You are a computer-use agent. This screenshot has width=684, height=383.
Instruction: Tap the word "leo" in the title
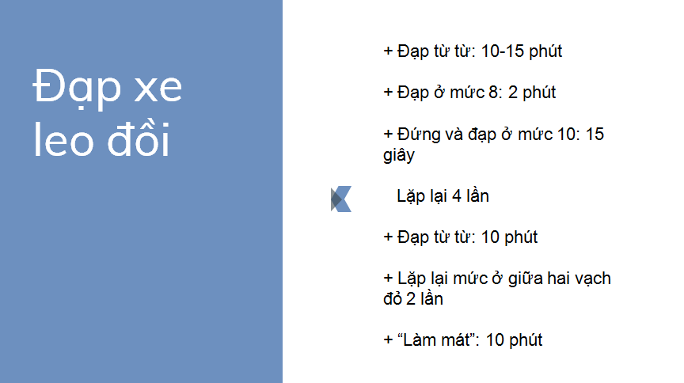click(x=63, y=139)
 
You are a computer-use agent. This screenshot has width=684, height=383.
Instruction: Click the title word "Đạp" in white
click(x=77, y=88)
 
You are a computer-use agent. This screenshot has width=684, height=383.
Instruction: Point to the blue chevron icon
click(x=341, y=199)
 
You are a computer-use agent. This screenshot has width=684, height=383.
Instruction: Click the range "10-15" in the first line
click(x=502, y=51)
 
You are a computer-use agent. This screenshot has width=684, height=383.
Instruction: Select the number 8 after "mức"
click(x=493, y=93)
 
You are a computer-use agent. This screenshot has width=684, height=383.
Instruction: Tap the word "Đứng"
click(x=419, y=135)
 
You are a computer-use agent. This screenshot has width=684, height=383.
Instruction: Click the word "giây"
click(x=399, y=155)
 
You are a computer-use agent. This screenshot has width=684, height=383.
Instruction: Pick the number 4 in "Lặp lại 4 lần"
click(x=456, y=196)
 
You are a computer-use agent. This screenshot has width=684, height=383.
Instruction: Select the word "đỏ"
click(x=393, y=299)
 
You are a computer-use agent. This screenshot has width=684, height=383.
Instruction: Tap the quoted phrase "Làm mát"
click(x=435, y=339)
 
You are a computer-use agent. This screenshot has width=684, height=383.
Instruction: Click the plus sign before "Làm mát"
click(x=388, y=340)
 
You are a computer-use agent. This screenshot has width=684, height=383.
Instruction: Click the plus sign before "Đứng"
click(x=388, y=135)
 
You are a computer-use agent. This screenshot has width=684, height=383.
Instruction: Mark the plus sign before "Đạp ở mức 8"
click(x=388, y=93)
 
